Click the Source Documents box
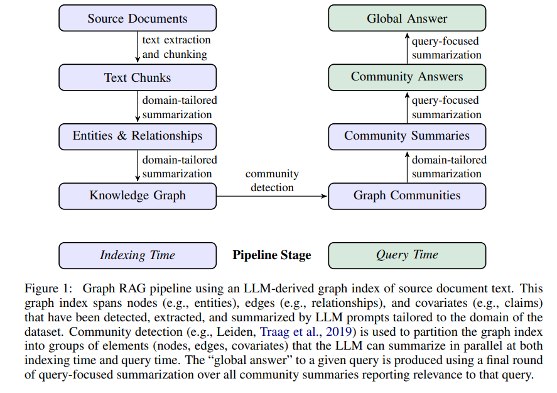[x=138, y=18]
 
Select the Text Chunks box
[x=138, y=77]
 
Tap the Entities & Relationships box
[x=138, y=136]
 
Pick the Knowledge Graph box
[x=138, y=196]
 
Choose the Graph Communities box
[x=407, y=196]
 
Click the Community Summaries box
[x=407, y=136]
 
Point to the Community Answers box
[x=407, y=77]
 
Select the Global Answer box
[x=407, y=18]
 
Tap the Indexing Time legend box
[x=138, y=255]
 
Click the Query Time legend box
[x=407, y=255]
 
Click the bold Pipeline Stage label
[x=272, y=255]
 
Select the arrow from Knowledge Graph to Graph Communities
[x=272, y=196]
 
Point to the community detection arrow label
[x=272, y=180]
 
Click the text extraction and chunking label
[x=176, y=47]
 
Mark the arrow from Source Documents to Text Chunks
[x=138, y=47]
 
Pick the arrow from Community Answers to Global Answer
[x=407, y=48]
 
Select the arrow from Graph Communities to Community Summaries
[x=407, y=167]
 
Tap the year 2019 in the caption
[x=339, y=331]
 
